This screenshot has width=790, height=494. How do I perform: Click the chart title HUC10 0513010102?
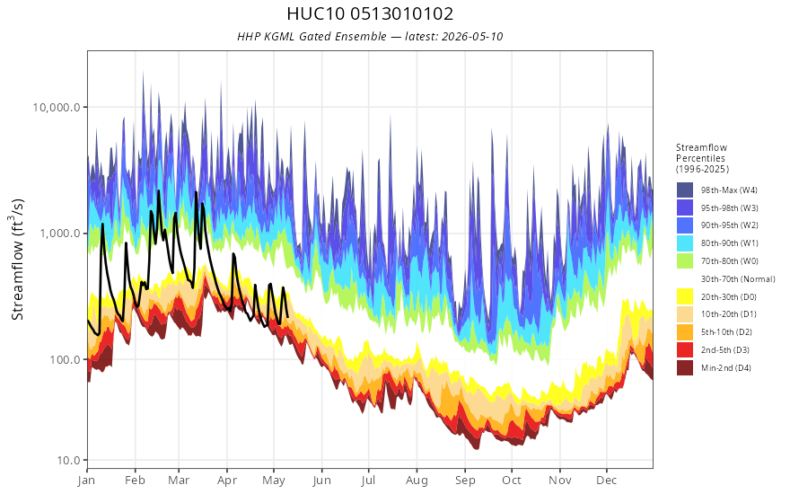coord(370,13)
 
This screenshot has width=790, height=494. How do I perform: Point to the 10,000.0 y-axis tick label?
coord(57,108)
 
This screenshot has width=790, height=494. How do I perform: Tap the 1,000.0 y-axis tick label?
coord(60,234)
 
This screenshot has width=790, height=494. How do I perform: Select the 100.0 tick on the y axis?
coord(65,359)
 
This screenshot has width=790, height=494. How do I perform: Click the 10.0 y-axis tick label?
coord(68,460)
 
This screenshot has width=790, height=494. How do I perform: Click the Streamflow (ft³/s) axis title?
coord(17,259)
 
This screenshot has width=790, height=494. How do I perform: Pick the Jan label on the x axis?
coord(87,481)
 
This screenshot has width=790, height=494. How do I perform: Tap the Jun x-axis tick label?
coord(321,481)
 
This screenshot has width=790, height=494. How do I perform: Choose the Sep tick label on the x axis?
coord(465,481)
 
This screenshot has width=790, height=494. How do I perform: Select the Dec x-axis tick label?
coord(607,481)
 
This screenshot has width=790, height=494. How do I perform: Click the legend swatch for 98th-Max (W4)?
coord(685,190)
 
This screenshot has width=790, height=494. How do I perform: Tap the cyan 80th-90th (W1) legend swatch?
coord(685,243)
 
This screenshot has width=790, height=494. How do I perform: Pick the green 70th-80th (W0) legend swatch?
coord(685,261)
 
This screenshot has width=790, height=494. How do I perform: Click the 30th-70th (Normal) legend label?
coord(738,278)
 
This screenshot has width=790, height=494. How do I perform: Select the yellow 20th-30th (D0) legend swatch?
coord(685,296)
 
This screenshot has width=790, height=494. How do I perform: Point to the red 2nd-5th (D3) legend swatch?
coord(685,349)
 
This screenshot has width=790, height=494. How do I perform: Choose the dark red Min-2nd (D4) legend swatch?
coord(685,367)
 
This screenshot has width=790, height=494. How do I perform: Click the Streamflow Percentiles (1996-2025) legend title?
coord(702,158)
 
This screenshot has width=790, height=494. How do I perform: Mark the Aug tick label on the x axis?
coord(417,481)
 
